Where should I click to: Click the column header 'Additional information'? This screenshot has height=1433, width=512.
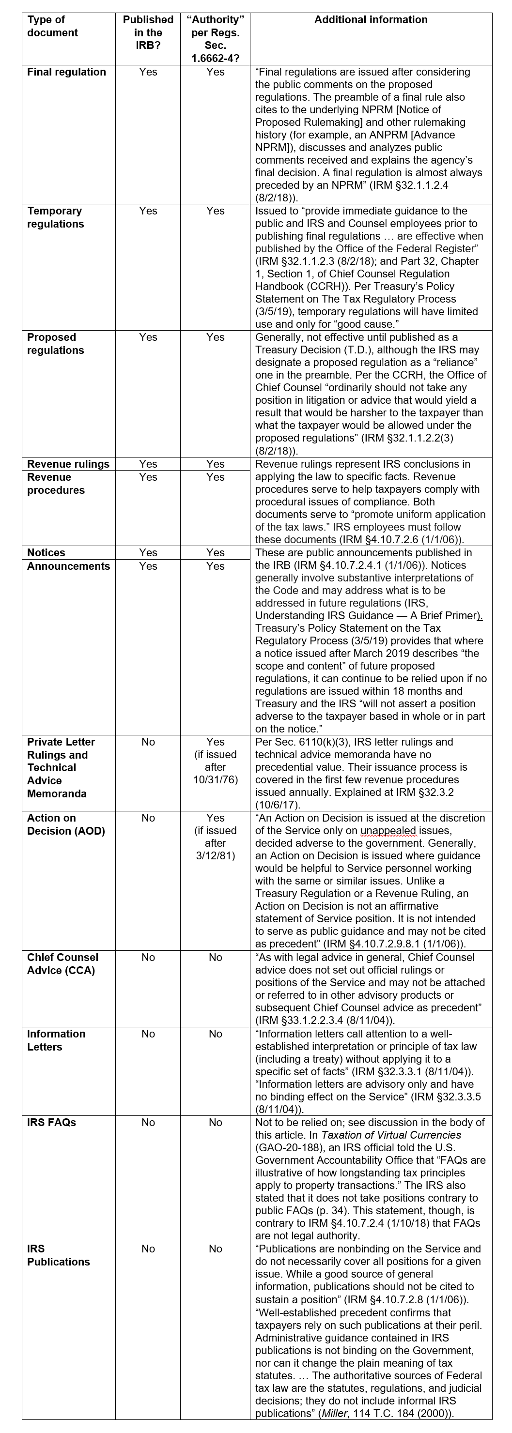click(x=371, y=20)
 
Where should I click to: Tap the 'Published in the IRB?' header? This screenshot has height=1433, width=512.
click(x=148, y=32)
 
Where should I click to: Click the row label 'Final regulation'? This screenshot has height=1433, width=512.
click(x=66, y=72)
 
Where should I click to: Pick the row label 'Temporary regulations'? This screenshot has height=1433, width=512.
click(x=55, y=217)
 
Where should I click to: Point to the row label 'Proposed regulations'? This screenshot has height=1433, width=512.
click(x=55, y=344)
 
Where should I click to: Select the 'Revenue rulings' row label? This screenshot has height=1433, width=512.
click(x=68, y=464)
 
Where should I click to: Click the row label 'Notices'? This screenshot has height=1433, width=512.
click(x=46, y=552)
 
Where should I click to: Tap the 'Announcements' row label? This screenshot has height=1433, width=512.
click(x=68, y=566)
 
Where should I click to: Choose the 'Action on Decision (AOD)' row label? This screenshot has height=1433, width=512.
click(x=66, y=824)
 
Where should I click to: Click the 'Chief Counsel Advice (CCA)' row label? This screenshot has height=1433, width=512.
click(x=62, y=964)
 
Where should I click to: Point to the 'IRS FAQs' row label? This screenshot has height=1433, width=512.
click(x=51, y=1123)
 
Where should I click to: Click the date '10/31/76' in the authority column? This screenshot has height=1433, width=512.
click(x=216, y=780)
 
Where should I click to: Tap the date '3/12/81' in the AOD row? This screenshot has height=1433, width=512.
click(x=216, y=855)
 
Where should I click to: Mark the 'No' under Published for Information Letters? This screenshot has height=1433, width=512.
click(x=148, y=1034)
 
